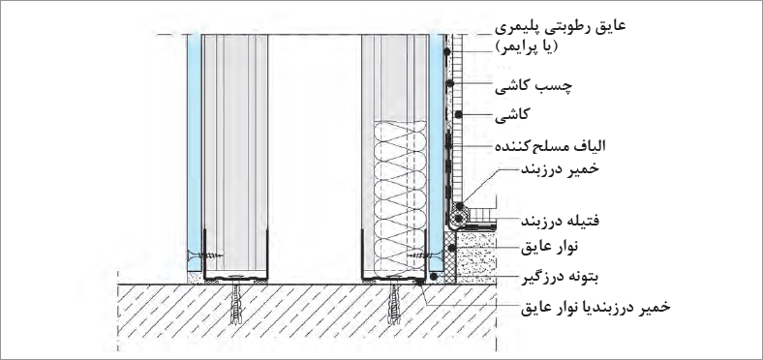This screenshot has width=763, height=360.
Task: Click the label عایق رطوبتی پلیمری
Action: (x=560, y=27)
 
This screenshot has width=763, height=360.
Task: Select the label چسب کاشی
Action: (x=534, y=86)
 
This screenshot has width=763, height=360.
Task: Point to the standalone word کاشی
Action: (x=511, y=115)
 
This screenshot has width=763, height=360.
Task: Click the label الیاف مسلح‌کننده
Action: (x=550, y=145)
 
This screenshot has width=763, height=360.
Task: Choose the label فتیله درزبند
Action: (x=560, y=221)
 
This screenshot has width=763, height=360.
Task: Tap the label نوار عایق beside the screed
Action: (x=550, y=247)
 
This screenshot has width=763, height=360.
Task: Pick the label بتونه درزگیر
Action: (x=560, y=278)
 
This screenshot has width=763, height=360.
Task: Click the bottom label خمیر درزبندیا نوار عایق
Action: (x=595, y=307)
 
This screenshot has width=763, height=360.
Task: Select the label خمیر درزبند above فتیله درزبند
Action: (x=560, y=169)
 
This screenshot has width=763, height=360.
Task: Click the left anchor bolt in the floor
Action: (x=236, y=303)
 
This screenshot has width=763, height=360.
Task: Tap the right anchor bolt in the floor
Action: (x=394, y=303)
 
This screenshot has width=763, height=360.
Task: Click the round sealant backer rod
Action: (x=457, y=215)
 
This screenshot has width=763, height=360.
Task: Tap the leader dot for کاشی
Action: (x=458, y=115)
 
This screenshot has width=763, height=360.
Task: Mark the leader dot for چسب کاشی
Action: (x=450, y=83)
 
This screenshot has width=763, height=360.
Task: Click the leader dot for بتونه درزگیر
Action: (x=434, y=277)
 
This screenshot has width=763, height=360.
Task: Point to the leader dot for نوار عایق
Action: (x=452, y=248)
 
